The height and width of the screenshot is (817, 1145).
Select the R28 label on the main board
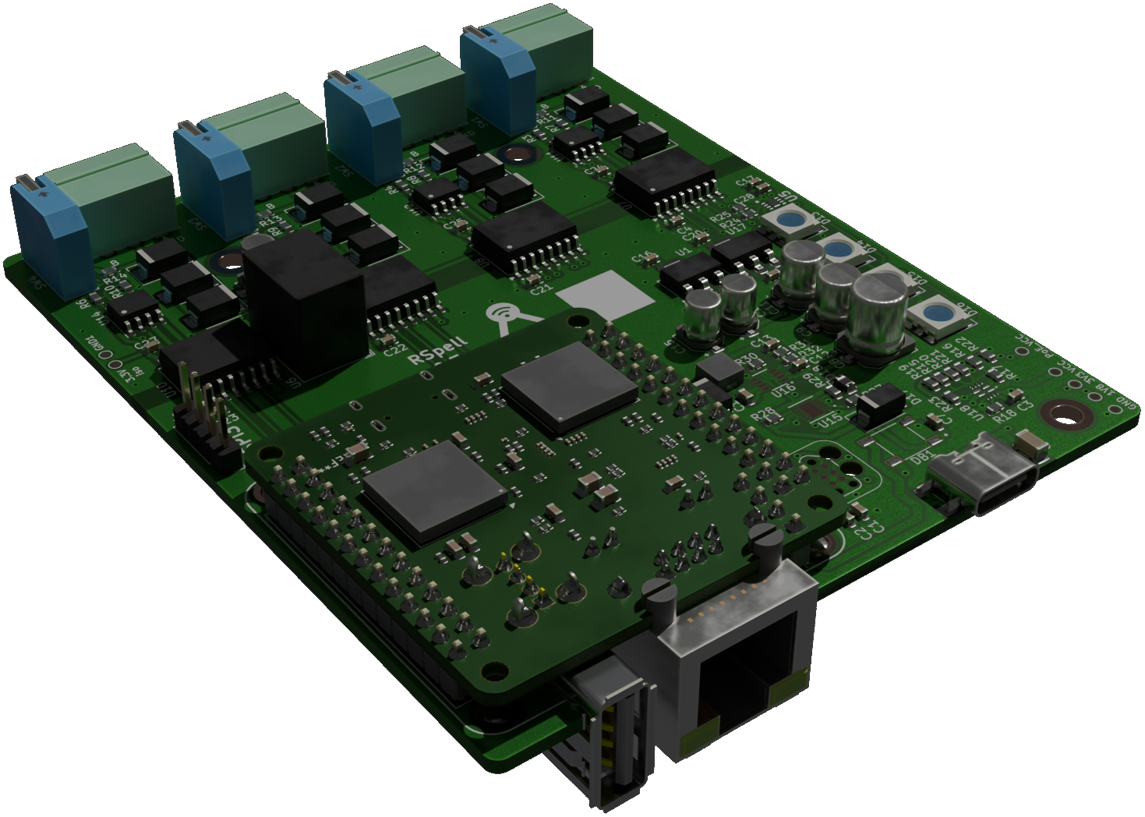click(764, 413)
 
